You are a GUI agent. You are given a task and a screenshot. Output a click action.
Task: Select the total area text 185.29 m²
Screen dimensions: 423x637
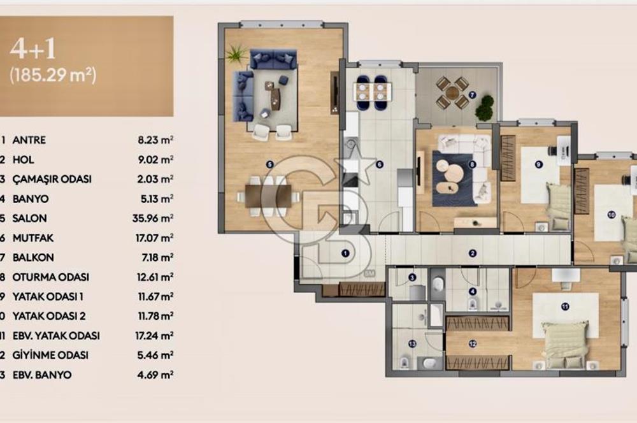52,75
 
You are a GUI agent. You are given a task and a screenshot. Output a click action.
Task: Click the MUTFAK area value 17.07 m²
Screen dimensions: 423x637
156,238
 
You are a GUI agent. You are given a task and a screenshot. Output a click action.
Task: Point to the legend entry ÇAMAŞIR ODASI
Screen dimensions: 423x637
52,179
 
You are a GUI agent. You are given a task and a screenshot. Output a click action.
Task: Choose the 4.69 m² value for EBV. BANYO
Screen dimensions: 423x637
156,375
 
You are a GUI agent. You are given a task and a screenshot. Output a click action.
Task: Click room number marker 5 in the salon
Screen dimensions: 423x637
269,164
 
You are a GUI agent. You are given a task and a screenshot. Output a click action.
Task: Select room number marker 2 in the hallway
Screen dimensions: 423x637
473,253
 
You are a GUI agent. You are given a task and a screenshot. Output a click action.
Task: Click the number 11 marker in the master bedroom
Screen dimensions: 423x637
565,306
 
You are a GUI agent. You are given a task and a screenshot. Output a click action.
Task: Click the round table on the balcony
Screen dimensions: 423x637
452,92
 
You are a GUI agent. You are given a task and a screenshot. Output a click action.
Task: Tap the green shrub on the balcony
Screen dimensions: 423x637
485,108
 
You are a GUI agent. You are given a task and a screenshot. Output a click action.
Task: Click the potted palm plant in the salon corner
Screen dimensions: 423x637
236,55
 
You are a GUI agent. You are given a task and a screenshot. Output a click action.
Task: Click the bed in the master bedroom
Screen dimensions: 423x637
564,343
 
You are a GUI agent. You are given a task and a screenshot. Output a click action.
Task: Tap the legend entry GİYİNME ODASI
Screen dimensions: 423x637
50,355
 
